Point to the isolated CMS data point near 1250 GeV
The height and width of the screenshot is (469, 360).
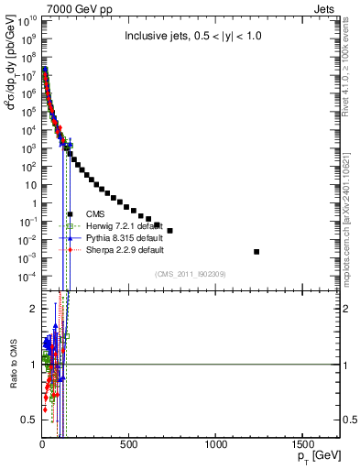tap(256, 252)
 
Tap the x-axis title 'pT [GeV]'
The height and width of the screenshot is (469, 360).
tap(321, 455)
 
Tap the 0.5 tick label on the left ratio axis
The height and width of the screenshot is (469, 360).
tap(28, 420)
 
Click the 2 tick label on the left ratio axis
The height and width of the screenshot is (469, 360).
tap(32, 309)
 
